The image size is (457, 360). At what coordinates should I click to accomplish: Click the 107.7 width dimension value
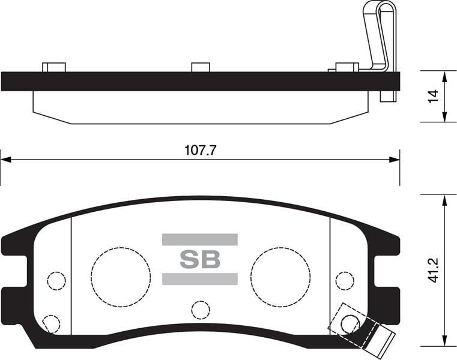(201, 150)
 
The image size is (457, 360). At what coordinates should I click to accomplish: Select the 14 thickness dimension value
(433, 96)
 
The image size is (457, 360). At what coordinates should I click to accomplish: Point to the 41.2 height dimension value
(434, 270)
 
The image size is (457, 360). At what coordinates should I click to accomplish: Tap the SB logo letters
(200, 259)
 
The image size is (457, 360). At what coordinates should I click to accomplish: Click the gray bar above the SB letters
(200, 239)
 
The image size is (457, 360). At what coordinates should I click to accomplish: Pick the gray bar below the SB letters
(200, 279)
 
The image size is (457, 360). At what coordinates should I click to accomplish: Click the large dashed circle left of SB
(121, 277)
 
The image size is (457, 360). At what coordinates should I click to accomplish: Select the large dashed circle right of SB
(280, 277)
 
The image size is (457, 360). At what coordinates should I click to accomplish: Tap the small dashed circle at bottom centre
(201, 311)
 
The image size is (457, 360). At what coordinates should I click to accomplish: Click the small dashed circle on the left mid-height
(56, 281)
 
